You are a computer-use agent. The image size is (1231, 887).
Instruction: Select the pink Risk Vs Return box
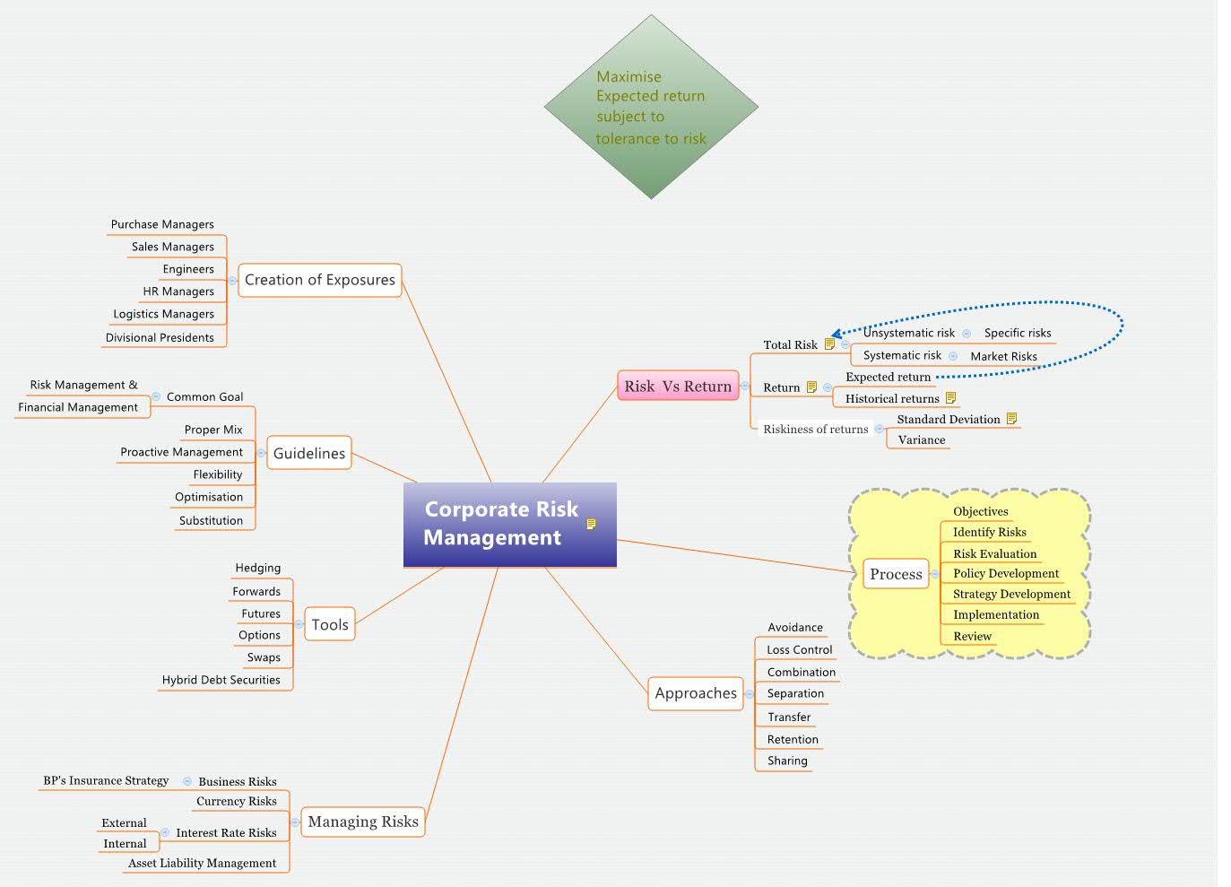click(x=678, y=386)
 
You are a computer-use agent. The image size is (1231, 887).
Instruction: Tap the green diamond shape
click(x=651, y=107)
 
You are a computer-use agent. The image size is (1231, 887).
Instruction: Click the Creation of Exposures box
click(x=319, y=280)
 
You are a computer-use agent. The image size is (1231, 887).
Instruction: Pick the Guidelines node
click(x=309, y=453)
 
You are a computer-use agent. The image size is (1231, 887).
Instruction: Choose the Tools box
click(x=330, y=624)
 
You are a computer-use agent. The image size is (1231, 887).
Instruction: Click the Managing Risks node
click(x=363, y=822)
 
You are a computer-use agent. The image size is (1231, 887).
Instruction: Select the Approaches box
click(x=696, y=693)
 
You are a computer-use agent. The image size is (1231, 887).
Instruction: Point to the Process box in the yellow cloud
click(x=896, y=574)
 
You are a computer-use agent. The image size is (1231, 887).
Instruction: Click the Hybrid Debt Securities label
click(x=221, y=680)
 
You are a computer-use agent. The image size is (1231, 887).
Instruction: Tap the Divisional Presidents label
click(x=160, y=337)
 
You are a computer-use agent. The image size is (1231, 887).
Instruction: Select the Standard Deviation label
click(x=949, y=419)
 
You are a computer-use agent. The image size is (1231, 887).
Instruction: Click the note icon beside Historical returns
click(x=950, y=398)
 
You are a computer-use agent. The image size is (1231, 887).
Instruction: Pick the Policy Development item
click(x=1006, y=573)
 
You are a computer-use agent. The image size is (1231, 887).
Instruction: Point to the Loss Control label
click(x=800, y=649)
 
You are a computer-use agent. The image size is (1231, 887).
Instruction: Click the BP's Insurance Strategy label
click(x=106, y=780)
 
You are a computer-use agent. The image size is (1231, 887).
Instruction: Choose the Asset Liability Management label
click(x=202, y=863)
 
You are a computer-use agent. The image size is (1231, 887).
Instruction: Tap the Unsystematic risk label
click(x=909, y=333)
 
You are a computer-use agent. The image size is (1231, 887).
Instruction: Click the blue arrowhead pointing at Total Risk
click(x=836, y=335)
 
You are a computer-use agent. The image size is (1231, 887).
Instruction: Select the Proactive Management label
click(x=182, y=452)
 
